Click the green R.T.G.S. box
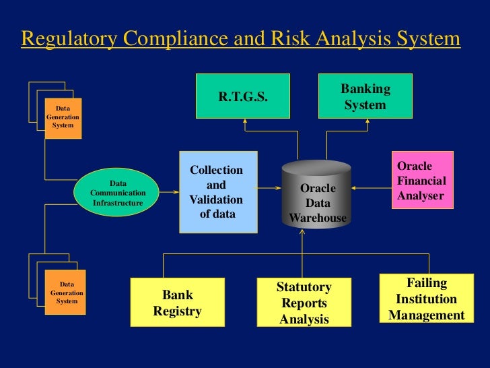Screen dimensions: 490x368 [243, 97]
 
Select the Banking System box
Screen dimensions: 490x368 [365, 97]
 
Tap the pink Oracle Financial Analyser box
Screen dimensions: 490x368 [422, 181]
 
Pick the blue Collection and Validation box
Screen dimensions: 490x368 [217, 191]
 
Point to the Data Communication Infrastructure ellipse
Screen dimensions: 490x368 [118, 193]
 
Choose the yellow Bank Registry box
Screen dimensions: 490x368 [178, 303]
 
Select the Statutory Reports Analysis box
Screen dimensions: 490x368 [304, 303]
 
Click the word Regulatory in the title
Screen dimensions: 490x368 [64, 39]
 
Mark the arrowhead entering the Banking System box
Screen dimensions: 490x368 [367, 123]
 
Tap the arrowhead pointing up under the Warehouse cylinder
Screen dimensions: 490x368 [303, 233]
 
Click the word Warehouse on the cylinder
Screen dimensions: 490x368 [318, 218]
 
